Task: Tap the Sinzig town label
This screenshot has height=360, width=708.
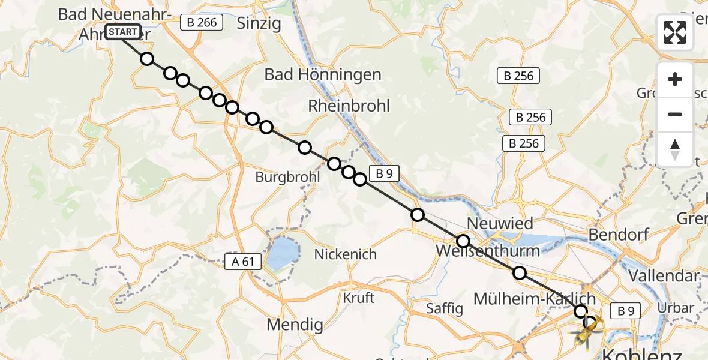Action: pos(259,23)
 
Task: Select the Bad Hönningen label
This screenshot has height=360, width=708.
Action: pos(323,75)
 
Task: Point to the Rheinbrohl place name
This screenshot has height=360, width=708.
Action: pos(349,106)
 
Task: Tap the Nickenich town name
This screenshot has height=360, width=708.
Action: pos(346,254)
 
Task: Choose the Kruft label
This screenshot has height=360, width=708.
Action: pos(359,298)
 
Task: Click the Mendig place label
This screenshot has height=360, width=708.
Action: pos(295,325)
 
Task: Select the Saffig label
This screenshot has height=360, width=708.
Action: pos(445,308)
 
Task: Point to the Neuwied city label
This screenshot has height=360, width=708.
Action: pos(500,224)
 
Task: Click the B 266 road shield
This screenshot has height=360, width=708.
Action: pos(202,23)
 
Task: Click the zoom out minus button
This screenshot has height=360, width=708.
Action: pos(675,114)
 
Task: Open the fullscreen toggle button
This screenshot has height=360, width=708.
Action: pos(675,32)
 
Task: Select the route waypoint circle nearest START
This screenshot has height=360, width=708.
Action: pos(147,59)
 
